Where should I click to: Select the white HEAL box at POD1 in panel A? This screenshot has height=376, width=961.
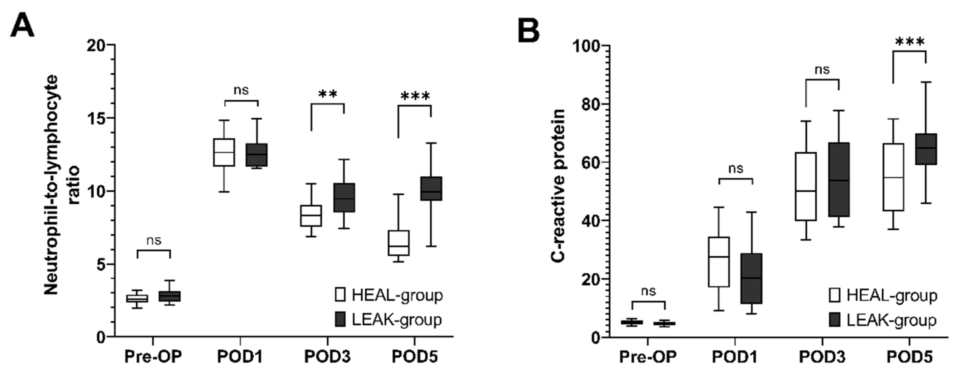pyautogui.click(x=224, y=152)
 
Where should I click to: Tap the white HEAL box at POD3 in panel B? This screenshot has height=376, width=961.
pyautogui.click(x=806, y=186)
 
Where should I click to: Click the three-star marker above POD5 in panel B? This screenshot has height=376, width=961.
pyautogui.click(x=909, y=42)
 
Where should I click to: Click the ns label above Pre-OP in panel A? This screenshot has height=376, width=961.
pyautogui.click(x=154, y=240)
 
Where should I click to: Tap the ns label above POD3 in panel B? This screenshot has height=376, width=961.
pyautogui.click(x=822, y=70)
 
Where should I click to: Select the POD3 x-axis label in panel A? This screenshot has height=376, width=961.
pyautogui.click(x=327, y=357)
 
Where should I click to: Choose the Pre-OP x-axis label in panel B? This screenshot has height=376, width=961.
pyautogui.click(x=648, y=357)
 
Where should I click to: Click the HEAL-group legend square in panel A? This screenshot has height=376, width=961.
pyautogui.click(x=340, y=294)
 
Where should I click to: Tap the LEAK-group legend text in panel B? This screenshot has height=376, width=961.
pyautogui.click(x=891, y=320)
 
